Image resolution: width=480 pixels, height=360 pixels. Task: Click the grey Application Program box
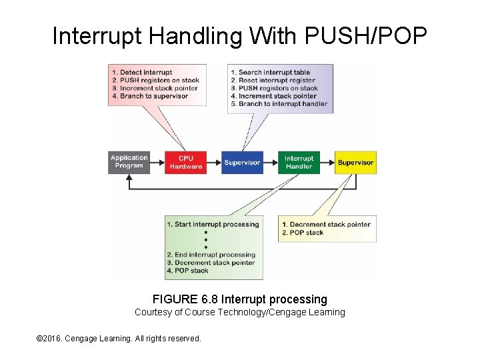(x=129, y=162)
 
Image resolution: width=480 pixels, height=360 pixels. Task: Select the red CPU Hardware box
(x=186, y=162)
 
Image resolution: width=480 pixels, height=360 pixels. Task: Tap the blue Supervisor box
(x=243, y=162)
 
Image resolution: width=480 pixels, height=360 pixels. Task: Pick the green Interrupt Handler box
(x=299, y=162)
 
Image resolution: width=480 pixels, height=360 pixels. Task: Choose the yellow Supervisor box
(x=355, y=162)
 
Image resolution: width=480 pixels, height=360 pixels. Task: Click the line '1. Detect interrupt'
(x=142, y=72)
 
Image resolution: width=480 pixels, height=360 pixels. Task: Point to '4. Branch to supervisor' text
(x=150, y=96)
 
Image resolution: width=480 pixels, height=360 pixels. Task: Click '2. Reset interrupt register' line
(x=273, y=80)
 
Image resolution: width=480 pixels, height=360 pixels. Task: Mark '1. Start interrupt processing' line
(x=213, y=225)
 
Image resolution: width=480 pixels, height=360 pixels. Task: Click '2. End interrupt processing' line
(x=211, y=255)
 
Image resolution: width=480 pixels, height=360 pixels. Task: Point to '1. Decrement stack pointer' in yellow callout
(x=326, y=225)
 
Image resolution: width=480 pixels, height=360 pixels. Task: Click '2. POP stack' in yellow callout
(x=303, y=233)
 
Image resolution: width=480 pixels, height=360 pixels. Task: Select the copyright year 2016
(x=57, y=339)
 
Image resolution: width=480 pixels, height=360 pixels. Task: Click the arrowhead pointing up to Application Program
(x=129, y=178)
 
